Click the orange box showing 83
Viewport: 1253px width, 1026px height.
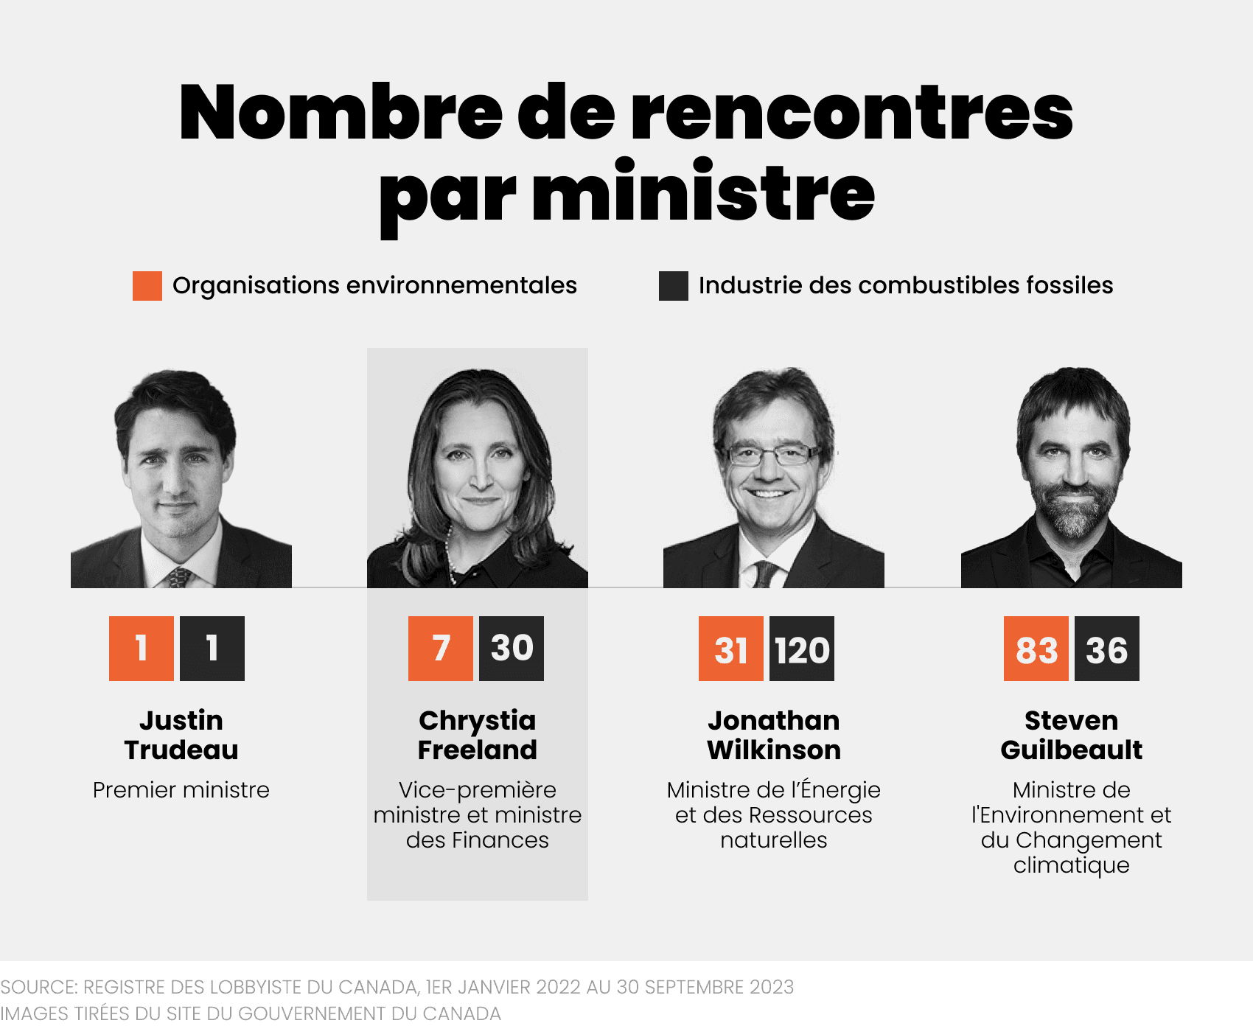(1036, 649)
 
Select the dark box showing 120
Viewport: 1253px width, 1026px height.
(802, 649)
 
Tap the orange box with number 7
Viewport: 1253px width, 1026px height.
(440, 649)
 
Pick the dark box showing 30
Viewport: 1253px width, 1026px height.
(512, 649)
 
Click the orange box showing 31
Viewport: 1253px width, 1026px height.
(730, 649)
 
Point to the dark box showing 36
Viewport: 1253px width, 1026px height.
(1106, 649)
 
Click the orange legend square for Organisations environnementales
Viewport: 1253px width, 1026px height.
(147, 286)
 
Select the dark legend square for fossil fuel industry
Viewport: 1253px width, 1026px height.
(673, 286)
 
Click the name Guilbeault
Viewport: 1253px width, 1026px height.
(1071, 750)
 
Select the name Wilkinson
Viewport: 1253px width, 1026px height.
(773, 750)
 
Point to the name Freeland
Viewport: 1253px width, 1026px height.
(477, 750)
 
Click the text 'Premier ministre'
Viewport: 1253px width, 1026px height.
(181, 790)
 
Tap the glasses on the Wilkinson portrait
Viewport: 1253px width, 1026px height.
(770, 455)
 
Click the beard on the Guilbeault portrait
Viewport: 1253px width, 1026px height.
(1074, 512)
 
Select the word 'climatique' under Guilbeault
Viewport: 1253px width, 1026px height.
(1071, 865)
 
